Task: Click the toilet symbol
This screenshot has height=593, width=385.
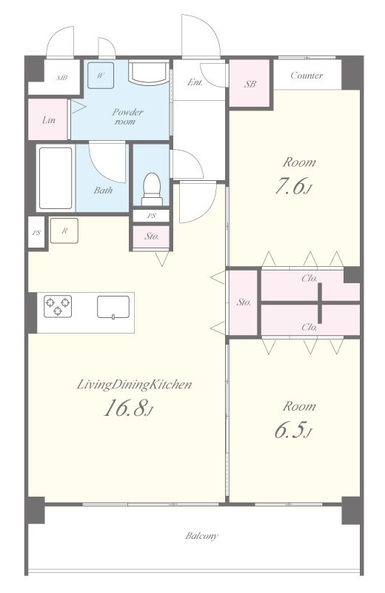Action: pos(152,189)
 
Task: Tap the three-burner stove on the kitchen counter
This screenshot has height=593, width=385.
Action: pos(58,306)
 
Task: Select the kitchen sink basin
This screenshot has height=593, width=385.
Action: pos(113,307)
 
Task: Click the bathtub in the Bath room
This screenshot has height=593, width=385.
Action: pos(56,178)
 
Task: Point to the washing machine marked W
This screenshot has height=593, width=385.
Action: pos(101,76)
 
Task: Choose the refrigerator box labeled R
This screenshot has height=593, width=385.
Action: pos(64,231)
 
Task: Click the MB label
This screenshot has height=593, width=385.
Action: pos(62,78)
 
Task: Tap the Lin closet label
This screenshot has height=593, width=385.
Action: pos(49,120)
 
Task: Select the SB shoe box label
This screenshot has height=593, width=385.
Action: pos(250,84)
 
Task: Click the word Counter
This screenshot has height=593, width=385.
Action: pos(307,76)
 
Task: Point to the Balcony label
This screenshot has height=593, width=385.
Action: pos(202,536)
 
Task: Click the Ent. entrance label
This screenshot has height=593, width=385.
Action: pos(195,82)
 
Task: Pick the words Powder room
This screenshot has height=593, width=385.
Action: pos(127,116)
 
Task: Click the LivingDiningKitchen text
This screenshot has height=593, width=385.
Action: pos(134,385)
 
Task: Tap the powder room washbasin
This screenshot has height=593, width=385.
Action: pos(148,73)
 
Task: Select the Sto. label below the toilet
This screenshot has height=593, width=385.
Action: pos(152,236)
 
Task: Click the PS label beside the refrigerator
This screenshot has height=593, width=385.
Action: pos(36,233)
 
